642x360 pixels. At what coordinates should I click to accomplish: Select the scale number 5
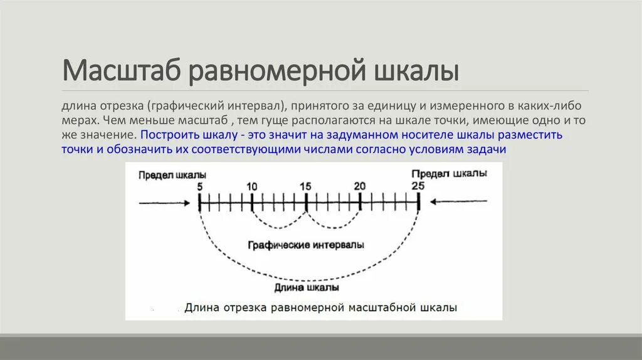199,186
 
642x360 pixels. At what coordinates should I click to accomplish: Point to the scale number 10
251,186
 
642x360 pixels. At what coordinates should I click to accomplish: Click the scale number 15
305,186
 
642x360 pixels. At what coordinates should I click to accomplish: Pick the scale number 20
359,186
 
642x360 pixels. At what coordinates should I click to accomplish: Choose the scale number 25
418,186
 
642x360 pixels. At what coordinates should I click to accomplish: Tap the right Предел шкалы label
448,173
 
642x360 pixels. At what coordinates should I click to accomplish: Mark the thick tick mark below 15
305,202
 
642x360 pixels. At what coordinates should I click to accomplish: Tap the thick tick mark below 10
251,202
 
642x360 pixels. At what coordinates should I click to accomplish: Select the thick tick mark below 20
360,202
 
